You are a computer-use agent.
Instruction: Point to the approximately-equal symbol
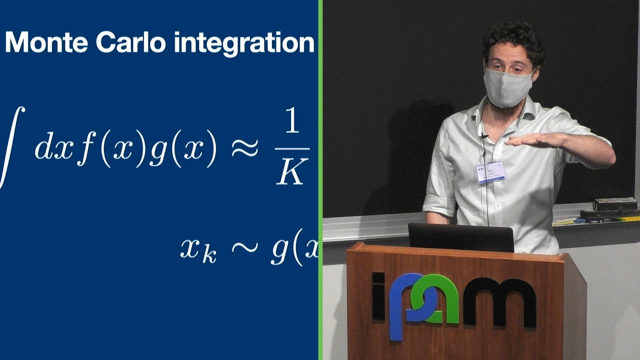click(245, 148)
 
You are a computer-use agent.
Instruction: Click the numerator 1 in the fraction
click(292, 123)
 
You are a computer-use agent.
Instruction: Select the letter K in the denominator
click(291, 172)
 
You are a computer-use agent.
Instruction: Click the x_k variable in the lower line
click(198, 249)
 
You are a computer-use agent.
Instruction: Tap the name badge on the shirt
click(490, 171)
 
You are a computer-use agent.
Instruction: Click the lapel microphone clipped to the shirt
click(483, 135)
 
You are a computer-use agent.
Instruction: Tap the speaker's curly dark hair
click(512, 40)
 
